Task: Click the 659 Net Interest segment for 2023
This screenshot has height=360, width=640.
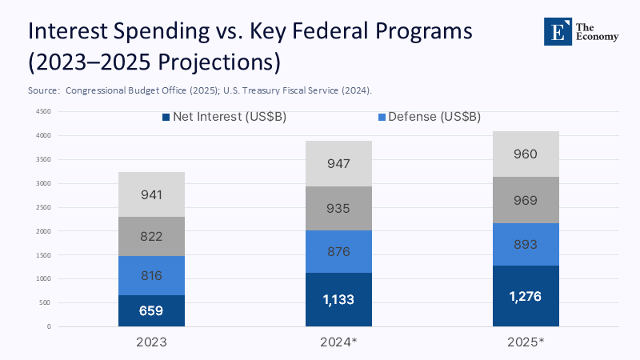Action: pyautogui.click(x=151, y=310)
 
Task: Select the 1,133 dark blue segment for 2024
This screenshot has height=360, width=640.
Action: pyautogui.click(x=338, y=300)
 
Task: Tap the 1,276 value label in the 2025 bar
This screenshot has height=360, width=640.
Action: pyautogui.click(x=526, y=296)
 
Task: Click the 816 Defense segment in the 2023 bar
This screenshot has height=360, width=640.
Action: pyautogui.click(x=151, y=276)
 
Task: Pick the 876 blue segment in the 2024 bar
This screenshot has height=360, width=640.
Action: pyautogui.click(x=338, y=251)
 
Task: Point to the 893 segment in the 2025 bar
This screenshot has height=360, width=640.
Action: pyautogui.click(x=526, y=245)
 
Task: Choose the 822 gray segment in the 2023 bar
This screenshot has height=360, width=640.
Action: pyautogui.click(x=151, y=236)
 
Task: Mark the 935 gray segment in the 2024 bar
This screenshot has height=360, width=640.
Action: pyautogui.click(x=338, y=209)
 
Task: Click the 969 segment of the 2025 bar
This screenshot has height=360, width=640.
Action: pyautogui.click(x=526, y=200)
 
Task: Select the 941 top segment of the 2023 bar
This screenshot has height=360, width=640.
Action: pyautogui.click(x=151, y=194)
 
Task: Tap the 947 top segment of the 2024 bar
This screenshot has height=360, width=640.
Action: pyautogui.click(x=338, y=164)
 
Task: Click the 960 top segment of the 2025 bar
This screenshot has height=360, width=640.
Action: pyautogui.click(x=526, y=154)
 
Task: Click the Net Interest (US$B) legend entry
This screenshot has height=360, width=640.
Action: pyautogui.click(x=224, y=117)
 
